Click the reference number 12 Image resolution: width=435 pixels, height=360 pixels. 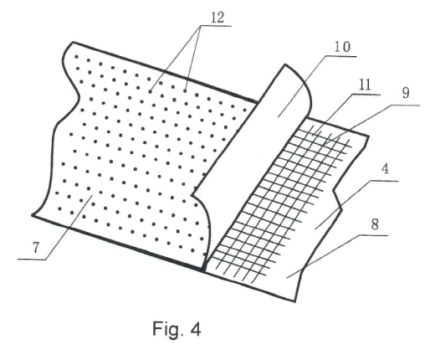coord(217,18)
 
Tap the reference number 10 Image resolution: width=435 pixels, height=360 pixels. coord(342,47)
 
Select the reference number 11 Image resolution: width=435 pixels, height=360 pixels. coord(365,85)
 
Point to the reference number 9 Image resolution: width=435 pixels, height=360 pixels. coord(406,93)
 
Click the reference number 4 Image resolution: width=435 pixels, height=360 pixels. coord(385,169)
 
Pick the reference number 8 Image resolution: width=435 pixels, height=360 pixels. coord(375,224)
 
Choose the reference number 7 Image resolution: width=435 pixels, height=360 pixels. coord(36,248)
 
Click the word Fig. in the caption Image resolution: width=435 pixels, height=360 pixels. coord(168,329)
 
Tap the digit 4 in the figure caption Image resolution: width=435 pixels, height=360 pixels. coord(196,329)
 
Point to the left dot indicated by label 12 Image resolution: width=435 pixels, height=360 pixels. coord(151,91)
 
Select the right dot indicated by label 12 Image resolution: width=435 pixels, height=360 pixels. coord(185,90)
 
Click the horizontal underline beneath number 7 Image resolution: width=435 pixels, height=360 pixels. coord(32,260)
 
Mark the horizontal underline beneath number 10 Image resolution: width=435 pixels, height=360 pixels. coord(340,56)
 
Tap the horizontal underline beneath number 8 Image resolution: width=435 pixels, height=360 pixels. coord(373,235)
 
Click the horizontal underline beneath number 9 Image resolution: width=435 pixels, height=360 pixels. coord(405,105)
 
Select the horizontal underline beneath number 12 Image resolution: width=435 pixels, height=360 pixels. coord(216,26)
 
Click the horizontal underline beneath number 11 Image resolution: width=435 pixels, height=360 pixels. coord(366,95)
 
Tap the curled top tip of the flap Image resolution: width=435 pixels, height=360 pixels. coord(285,64)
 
